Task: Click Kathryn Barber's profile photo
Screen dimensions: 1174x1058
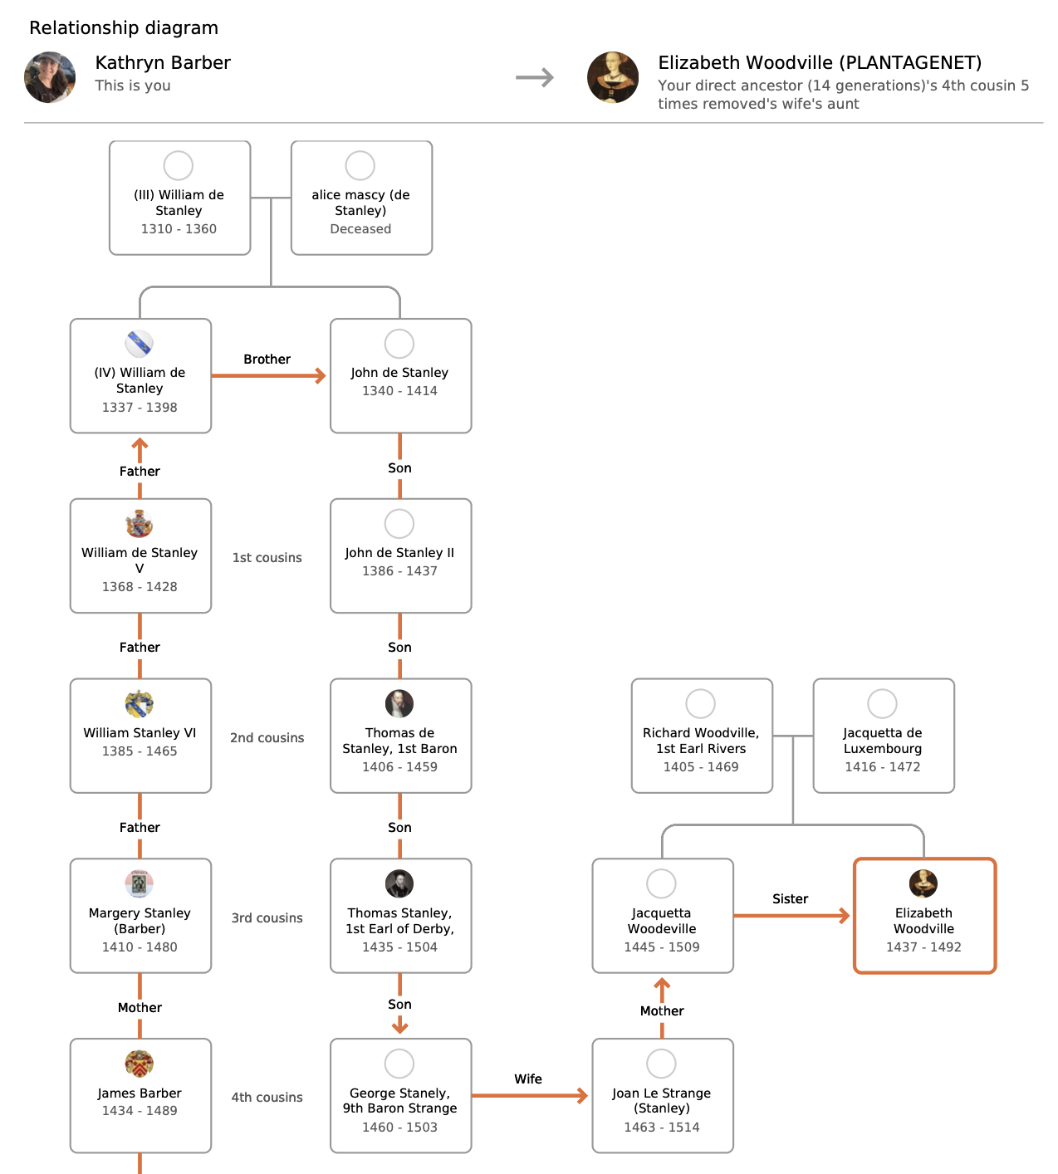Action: (50, 77)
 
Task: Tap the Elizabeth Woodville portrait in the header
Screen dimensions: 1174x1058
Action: (613, 77)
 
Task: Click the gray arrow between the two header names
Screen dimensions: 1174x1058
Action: (535, 78)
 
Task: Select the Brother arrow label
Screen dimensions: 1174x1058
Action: (267, 360)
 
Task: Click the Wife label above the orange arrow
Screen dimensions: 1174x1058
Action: (528, 1079)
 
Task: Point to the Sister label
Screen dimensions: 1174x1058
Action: (790, 899)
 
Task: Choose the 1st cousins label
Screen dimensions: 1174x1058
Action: (267, 558)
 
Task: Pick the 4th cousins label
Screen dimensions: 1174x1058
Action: (267, 1098)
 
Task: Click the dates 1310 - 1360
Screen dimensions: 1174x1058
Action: (179, 229)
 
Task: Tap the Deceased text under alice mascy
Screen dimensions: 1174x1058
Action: (360, 229)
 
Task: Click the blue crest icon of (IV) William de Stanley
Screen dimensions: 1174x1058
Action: (140, 344)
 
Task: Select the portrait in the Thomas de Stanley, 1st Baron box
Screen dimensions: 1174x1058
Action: (399, 704)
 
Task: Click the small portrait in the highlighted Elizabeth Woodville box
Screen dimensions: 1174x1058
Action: (923, 884)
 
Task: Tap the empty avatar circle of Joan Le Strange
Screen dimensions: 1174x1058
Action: (661, 1064)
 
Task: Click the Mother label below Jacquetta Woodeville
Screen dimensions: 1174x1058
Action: (662, 1011)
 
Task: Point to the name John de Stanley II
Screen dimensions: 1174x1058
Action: (399, 553)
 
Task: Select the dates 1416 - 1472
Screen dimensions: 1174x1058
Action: (883, 767)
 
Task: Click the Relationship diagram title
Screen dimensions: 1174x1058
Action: (124, 28)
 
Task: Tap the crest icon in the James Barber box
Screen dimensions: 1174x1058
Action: (140, 1064)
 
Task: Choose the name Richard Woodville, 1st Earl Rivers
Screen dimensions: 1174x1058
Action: (701, 741)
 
